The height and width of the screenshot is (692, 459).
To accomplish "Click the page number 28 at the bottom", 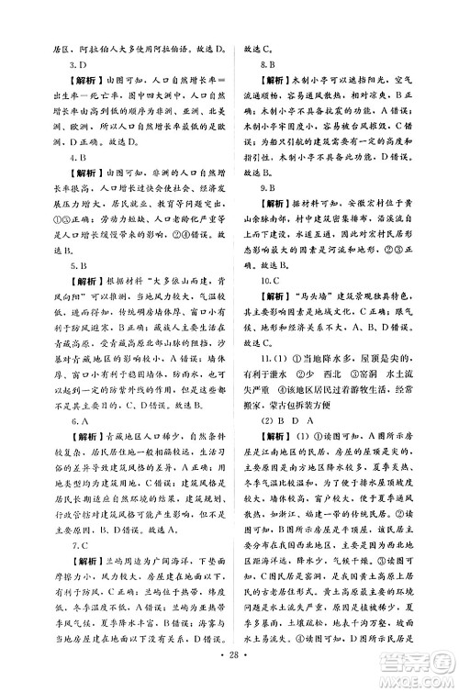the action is pyautogui.click(x=229, y=675).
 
